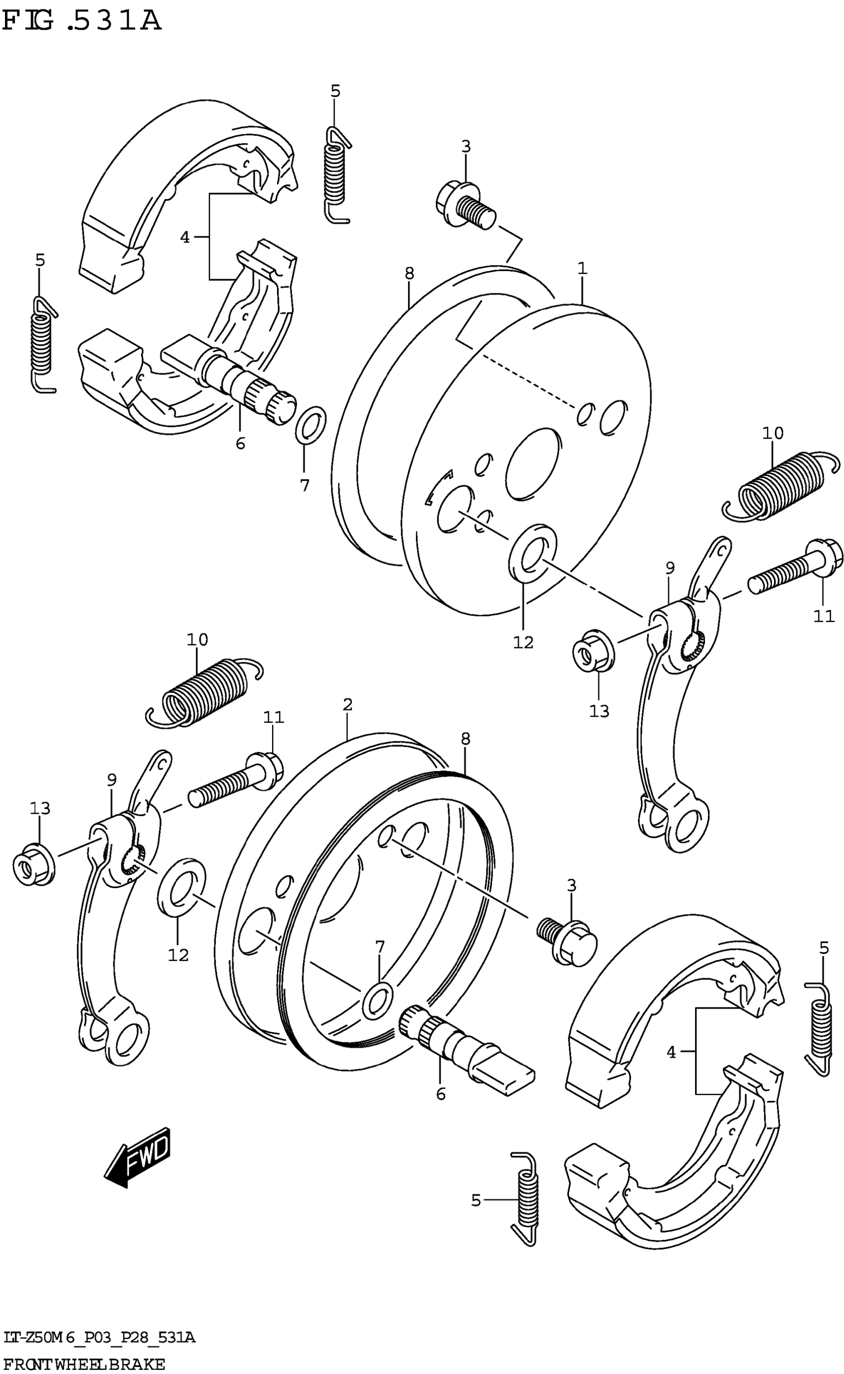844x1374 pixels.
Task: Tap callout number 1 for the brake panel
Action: coord(582,269)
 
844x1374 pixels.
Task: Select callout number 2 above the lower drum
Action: coord(347,704)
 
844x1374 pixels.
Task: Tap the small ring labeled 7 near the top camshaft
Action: coord(311,424)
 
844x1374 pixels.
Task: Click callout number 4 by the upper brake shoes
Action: coord(185,237)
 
